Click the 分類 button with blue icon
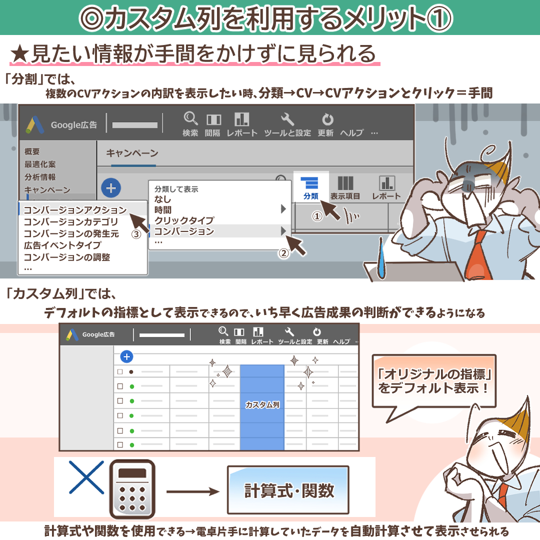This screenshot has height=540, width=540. tap(311, 187)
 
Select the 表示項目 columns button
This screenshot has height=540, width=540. tap(345, 187)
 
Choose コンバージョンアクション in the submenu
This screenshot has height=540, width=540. tap(75, 210)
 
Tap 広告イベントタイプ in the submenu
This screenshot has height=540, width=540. tap(62, 245)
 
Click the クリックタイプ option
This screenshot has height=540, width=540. tap(184, 220)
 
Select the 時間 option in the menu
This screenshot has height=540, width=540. tap(162, 209)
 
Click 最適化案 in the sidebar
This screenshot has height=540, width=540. tap(40, 164)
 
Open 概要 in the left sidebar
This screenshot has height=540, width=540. tap(32, 151)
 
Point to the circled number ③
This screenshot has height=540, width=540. tap(135, 234)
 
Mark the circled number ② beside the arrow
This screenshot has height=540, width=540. tap(283, 253)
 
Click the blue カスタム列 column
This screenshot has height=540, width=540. tap(262, 405)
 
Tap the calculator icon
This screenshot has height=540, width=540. tap(131, 488)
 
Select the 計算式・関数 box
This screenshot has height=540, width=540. tap(288, 490)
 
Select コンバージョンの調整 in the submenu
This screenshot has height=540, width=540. tap(66, 257)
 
